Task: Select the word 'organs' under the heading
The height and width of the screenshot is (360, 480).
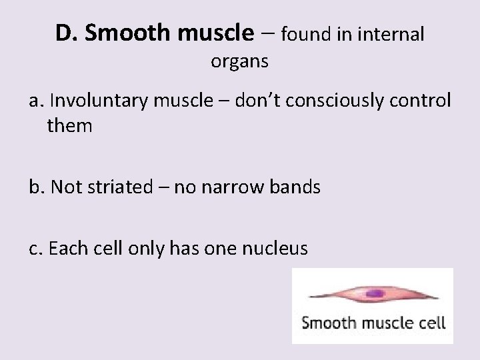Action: (239, 62)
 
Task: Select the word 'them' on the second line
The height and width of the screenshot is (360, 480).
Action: (69, 125)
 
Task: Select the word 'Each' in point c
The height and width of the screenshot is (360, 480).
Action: (69, 249)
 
